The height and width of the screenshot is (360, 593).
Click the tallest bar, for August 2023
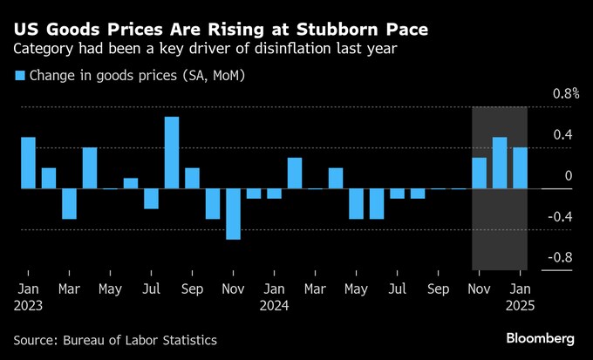[172, 153]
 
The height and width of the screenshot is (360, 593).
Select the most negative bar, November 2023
[233, 214]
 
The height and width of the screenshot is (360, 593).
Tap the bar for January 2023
[28, 163]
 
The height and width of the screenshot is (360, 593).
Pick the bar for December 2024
[500, 163]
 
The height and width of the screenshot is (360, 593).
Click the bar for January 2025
[520, 168]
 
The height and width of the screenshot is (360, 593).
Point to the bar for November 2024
[479, 173]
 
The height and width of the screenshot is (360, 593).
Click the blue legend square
[19, 77]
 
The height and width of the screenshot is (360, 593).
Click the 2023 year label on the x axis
[28, 306]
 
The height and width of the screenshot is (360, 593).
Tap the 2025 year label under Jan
[521, 306]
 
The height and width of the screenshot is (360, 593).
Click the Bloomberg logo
[541, 338]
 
